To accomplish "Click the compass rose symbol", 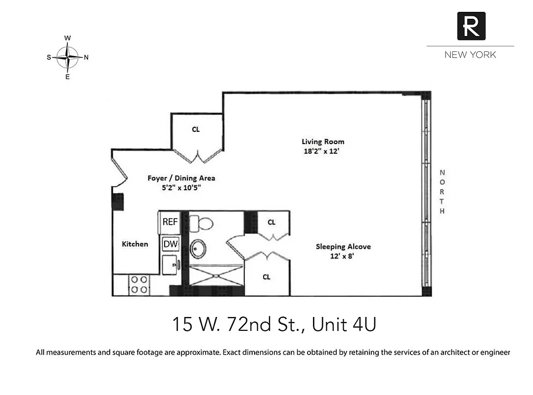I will click(68, 57).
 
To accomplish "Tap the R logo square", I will click(471, 26).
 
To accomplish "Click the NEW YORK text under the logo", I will click(470, 55).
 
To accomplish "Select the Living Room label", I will click(323, 142).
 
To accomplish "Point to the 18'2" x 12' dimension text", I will click(323, 152).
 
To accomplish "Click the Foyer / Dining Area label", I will click(181, 178).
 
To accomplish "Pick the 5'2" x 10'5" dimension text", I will click(181, 188).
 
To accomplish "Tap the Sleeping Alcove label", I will click(343, 246).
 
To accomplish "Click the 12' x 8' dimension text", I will click(343, 256).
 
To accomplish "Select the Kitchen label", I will click(135, 244).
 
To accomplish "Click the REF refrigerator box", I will click(170, 222).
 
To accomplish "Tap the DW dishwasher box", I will click(170, 243).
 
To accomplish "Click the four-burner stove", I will click(139, 285).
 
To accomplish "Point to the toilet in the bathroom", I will click(201, 223).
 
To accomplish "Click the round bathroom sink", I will click(199, 249).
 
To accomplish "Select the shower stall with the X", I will click(217, 276).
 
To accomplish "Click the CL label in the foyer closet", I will click(196, 129).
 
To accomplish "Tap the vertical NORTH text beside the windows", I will click(442, 192).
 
